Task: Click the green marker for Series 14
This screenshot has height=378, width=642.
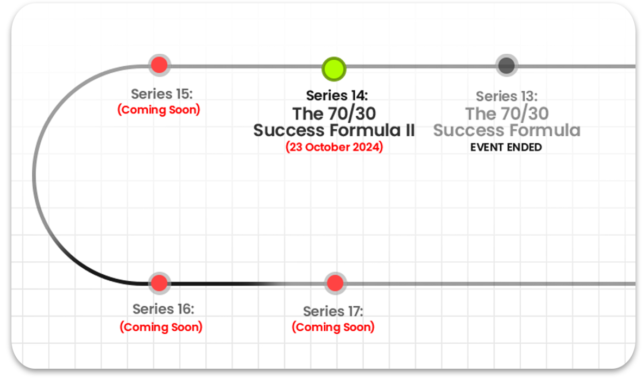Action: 333,68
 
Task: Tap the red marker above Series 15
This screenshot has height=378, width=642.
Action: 159,65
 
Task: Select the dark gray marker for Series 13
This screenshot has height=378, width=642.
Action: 506,66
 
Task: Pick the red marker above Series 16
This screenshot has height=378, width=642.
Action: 159,282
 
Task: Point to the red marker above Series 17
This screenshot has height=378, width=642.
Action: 335,282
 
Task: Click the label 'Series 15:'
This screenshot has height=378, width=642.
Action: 161,94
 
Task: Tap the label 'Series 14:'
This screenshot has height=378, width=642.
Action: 337,96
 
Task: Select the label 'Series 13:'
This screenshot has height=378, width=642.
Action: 507,97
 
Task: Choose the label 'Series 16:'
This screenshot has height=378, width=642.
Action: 163,309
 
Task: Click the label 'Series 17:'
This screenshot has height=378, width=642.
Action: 333,311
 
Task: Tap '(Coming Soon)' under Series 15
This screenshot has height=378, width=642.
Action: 159,110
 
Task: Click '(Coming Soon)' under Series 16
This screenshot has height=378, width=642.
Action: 161,327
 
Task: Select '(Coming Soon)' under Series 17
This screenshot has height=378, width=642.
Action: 333,327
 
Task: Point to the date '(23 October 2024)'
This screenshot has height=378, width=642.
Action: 334,147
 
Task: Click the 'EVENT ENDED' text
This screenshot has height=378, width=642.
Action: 506,147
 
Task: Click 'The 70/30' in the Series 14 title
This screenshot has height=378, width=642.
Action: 333,114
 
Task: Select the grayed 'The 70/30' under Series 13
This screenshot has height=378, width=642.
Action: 507,114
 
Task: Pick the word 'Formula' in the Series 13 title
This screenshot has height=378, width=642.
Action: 546,130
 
